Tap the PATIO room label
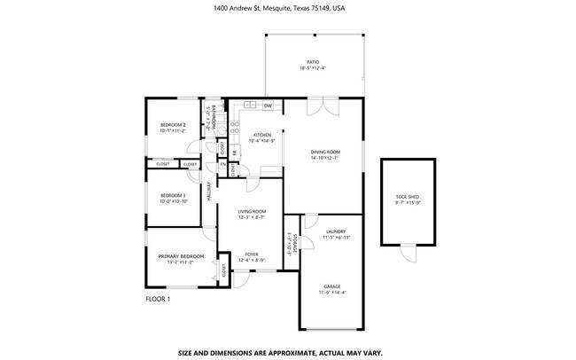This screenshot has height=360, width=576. click(x=313, y=62)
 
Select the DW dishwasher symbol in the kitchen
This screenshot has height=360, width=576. click(x=267, y=105)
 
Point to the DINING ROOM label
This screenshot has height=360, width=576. click(x=325, y=152)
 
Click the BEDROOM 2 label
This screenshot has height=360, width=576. click(x=172, y=125)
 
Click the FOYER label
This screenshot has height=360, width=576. click(x=252, y=254)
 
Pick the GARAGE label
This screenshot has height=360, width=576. click(x=331, y=286)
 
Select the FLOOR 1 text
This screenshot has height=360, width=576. click(x=158, y=299)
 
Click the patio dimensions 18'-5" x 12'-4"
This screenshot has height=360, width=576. click(x=313, y=68)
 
